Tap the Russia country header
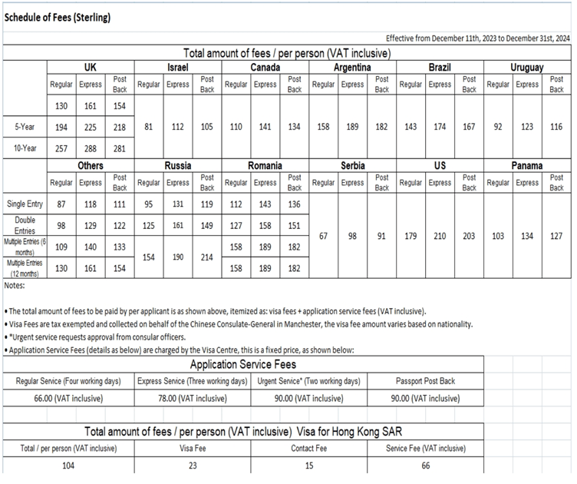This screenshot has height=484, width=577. click(x=178, y=165)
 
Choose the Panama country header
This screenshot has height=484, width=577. click(x=526, y=165)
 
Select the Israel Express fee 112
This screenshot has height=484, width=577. click(x=178, y=125)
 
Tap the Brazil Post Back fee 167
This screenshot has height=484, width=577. click(x=469, y=125)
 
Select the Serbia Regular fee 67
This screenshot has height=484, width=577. click(x=323, y=236)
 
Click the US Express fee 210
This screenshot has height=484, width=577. click(x=440, y=236)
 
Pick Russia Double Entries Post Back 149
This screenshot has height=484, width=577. click(x=207, y=225)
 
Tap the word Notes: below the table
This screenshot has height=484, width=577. click(x=15, y=286)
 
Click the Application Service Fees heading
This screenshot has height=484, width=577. click(x=242, y=364)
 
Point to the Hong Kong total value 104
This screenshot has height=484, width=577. click(x=68, y=466)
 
